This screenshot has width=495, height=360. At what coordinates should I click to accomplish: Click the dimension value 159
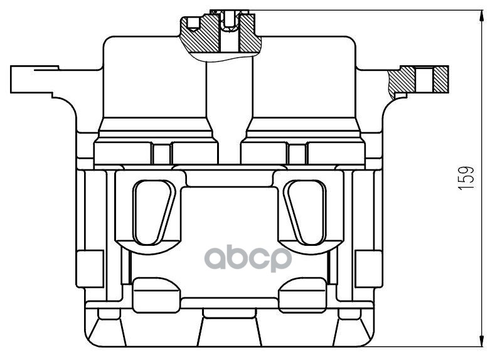(x=465, y=178)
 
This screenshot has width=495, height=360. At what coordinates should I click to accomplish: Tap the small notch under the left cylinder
(x=161, y=152)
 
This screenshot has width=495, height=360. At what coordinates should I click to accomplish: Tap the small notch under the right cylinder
(x=298, y=152)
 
